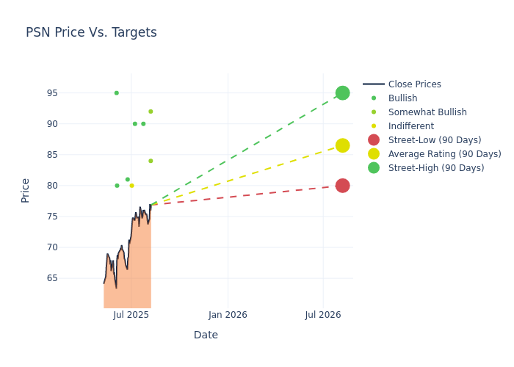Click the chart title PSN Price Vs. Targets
91,32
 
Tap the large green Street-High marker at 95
342,93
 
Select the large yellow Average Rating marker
342,145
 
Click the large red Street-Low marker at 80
342,186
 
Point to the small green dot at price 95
116,93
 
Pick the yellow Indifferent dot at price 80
131,186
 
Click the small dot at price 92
151,112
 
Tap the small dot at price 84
151,161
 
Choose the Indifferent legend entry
410,126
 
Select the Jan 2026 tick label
228,315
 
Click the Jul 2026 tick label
322,315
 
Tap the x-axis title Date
206,335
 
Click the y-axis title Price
26,190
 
